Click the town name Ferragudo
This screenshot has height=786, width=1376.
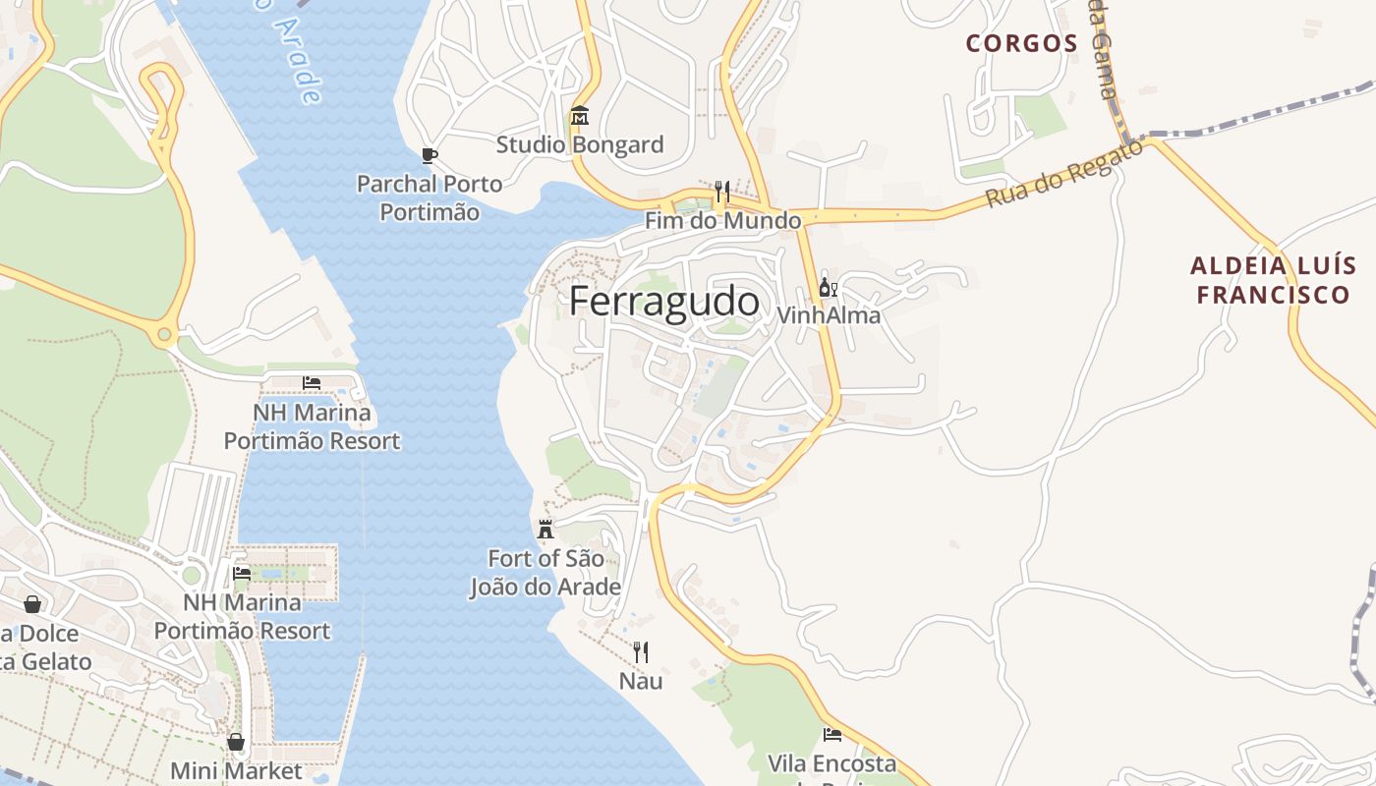click(x=664, y=302)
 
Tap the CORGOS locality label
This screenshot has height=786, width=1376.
click(x=1021, y=43)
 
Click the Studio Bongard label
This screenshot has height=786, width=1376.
click(x=580, y=145)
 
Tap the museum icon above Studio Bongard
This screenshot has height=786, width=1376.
click(x=580, y=117)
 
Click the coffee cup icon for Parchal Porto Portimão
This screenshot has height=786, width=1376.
click(x=429, y=155)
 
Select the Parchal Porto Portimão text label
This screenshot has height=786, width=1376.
click(x=430, y=197)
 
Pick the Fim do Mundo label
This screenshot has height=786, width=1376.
click(x=722, y=221)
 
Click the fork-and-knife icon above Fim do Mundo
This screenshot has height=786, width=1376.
click(x=721, y=191)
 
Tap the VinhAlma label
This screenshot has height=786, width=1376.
click(x=829, y=316)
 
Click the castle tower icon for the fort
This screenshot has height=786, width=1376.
click(x=545, y=530)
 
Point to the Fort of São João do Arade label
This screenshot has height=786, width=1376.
click(x=545, y=573)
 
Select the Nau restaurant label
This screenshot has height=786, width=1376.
click(x=641, y=681)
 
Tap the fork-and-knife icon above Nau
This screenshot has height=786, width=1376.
click(x=641, y=651)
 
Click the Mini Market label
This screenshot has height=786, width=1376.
click(x=236, y=770)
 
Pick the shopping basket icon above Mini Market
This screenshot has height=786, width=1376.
click(x=236, y=742)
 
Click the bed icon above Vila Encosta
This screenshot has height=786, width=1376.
click(x=831, y=734)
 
